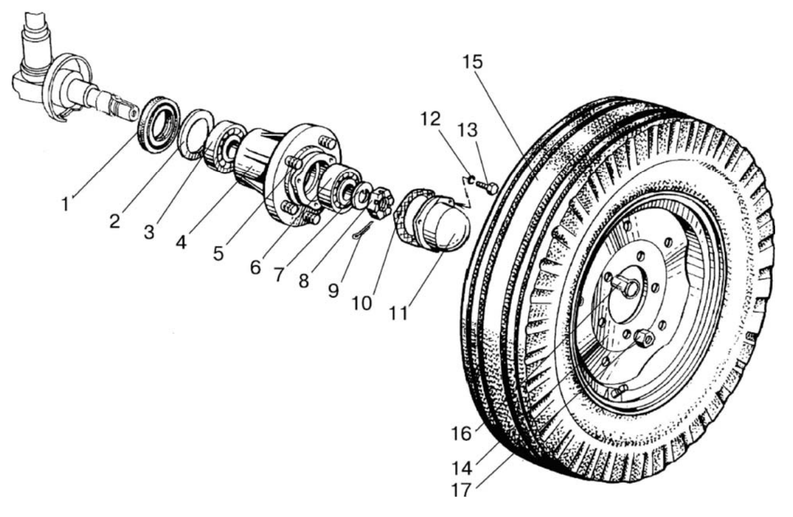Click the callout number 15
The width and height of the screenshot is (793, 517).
(473, 62)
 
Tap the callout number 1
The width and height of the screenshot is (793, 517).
(66, 205)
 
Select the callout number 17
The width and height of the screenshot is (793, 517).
(461, 490)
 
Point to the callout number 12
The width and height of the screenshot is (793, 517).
(430, 119)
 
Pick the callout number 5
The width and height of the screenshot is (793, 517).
(218, 254)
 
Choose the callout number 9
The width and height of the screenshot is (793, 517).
(333, 290)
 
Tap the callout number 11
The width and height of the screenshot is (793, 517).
(398, 313)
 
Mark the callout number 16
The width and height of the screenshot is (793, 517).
(461, 434)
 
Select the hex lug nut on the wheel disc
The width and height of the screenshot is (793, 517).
(643, 338)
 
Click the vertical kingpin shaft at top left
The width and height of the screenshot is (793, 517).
(36, 42)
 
